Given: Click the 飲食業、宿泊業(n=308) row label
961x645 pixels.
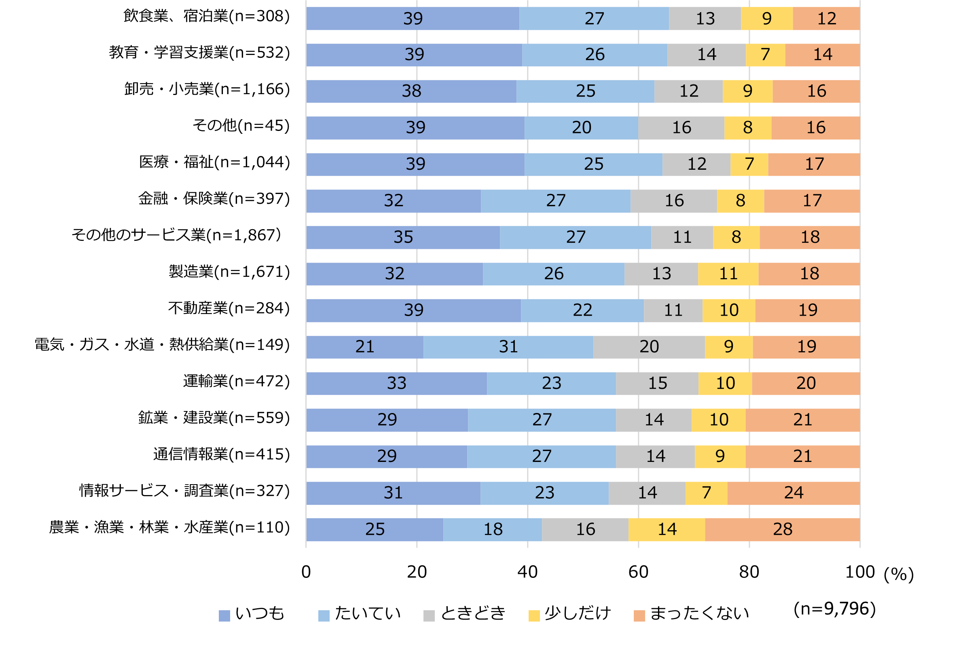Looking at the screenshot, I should (x=207, y=17).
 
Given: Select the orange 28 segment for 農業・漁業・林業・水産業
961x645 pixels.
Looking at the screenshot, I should (x=782, y=529).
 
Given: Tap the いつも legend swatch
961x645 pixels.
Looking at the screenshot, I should (x=224, y=616).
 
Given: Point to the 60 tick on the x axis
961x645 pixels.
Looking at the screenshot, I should (x=638, y=572).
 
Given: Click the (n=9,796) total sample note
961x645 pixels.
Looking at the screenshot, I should (x=834, y=609).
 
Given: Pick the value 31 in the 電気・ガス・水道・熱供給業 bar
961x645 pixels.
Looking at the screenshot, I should (x=508, y=347).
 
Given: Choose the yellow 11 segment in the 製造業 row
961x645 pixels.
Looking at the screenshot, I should (x=728, y=274).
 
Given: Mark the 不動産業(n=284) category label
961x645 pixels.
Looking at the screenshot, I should (x=229, y=308).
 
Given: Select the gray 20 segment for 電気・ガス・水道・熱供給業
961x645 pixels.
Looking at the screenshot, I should (x=649, y=347).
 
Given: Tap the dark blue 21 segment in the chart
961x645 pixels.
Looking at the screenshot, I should (x=365, y=347).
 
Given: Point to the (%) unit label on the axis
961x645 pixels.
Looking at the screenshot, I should (x=898, y=574).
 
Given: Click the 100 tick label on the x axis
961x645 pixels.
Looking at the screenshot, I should (x=859, y=572).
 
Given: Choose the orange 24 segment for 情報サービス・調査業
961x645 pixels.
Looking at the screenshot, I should (x=793, y=493).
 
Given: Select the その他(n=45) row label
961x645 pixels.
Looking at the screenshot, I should (x=241, y=126).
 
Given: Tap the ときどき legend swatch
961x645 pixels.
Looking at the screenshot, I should (x=429, y=616).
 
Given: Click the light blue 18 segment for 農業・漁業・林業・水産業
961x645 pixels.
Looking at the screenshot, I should (x=493, y=529).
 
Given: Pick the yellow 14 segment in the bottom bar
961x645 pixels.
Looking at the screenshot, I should (x=667, y=529).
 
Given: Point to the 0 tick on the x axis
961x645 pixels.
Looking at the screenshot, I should (x=306, y=572).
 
